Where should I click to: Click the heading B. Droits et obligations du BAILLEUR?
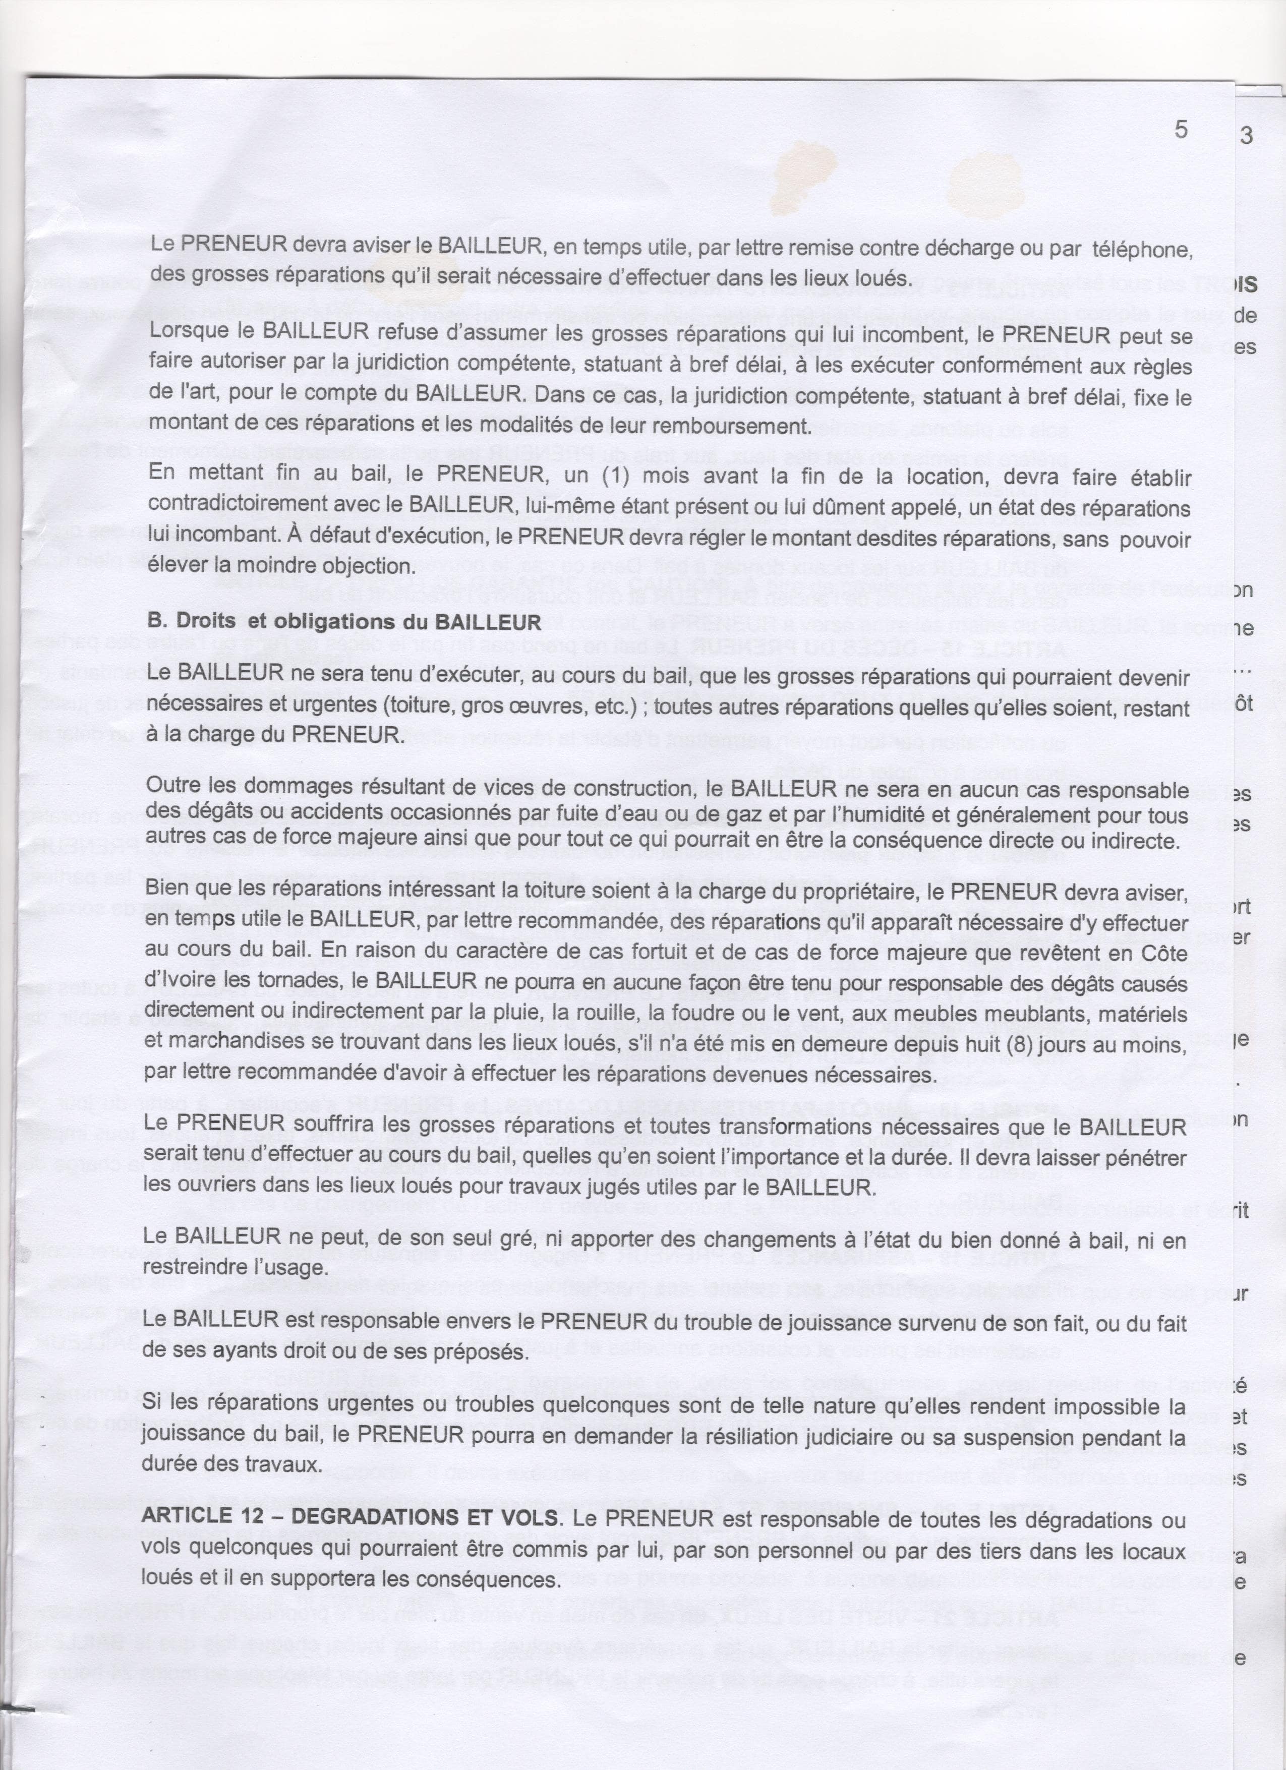(343, 622)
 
